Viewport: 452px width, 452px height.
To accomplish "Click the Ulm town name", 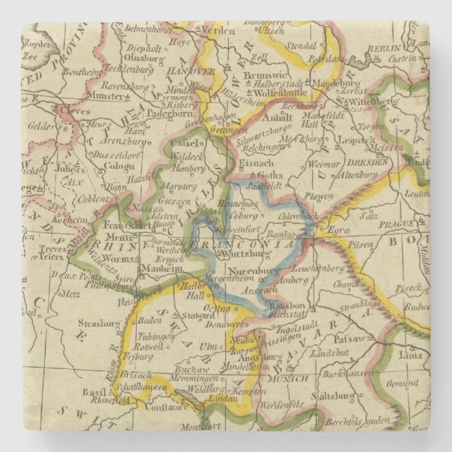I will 209,347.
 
